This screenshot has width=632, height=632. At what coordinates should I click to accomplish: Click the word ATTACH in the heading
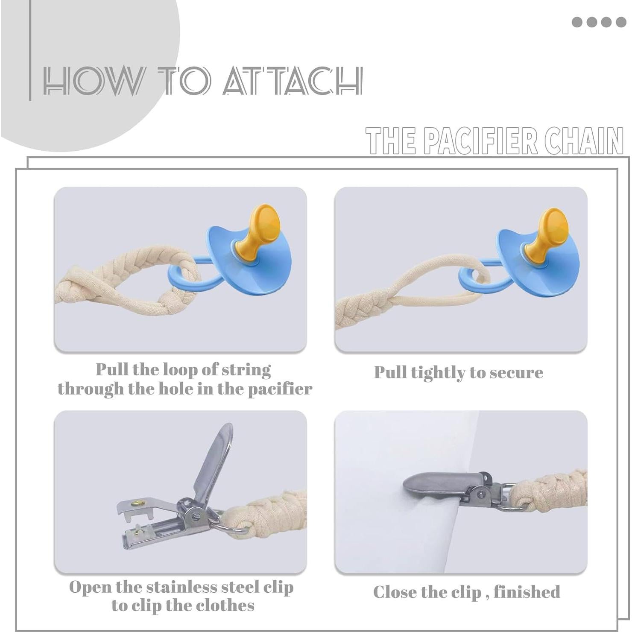click(293, 81)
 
